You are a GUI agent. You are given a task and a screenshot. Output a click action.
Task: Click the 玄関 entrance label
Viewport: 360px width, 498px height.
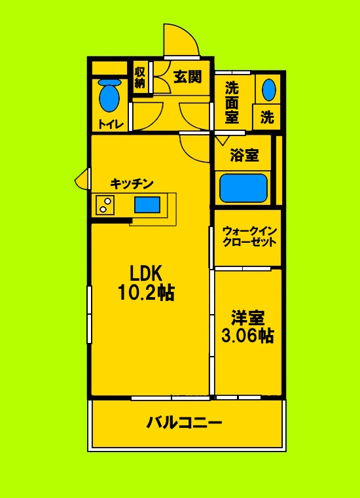pos(187,77)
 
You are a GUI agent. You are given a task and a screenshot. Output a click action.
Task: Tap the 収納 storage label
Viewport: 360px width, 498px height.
pos(140,77)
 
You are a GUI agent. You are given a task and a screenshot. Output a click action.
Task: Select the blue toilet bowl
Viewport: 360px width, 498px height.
pos(109,97)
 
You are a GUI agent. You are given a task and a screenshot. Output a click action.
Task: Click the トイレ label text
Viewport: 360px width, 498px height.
pos(111,124)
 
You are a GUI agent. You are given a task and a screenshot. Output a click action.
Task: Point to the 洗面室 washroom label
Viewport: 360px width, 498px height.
pos(232,101)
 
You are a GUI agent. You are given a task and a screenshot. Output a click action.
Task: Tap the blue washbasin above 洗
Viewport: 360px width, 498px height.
pos(268,89)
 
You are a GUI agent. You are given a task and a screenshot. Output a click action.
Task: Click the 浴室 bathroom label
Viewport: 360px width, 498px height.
pos(244,156)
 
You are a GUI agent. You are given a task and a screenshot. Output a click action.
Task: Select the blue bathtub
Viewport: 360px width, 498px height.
pos(243,188)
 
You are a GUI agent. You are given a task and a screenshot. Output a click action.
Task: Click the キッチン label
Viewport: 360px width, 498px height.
pos(132,184)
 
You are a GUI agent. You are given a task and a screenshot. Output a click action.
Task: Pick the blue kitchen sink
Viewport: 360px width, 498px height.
pos(147,204)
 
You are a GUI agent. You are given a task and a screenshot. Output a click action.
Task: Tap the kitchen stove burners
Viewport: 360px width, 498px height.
pos(105,205)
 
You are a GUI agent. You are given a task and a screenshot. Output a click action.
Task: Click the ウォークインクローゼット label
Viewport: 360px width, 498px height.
pos(249,236)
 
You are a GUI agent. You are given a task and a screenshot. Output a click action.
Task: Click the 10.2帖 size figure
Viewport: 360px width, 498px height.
pos(145,293)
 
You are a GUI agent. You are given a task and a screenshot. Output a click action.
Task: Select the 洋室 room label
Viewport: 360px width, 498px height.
pos(247,319)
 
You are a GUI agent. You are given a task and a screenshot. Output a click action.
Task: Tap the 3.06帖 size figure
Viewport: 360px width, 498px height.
pos(247,336)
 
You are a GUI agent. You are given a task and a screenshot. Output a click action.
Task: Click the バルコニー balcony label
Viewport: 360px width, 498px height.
pos(184,422)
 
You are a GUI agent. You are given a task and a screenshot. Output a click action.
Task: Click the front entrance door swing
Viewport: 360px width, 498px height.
pos(179,41)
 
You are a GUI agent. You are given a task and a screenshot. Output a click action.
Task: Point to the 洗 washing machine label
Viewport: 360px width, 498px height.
pos(267,118)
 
